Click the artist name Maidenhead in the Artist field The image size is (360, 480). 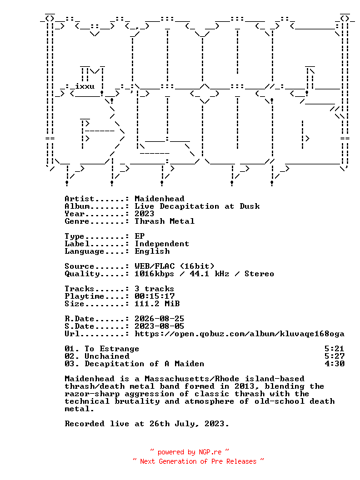point(159,199)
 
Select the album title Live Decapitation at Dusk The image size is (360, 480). point(197,206)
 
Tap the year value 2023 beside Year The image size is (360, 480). point(144,214)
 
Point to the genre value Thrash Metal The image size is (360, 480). point(164,221)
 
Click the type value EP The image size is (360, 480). point(139,236)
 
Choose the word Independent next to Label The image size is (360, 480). point(162,244)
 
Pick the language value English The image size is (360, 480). point(152,251)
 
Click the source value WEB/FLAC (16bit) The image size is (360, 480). point(174,266)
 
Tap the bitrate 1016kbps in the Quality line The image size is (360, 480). point(154,274)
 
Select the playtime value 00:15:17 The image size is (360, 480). point(154,296)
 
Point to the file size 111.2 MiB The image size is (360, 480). point(157,304)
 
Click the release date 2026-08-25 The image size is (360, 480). point(159,319)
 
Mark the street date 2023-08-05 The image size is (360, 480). point(159,326)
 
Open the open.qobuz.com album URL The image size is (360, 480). point(239,334)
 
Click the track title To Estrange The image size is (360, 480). point(112,349)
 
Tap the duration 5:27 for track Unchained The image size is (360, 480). point(334,356)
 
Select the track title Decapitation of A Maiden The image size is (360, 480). point(144,364)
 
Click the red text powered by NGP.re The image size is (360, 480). point(189,452)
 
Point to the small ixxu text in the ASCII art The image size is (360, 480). point(85,86)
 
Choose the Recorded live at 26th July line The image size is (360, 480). point(147,424)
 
